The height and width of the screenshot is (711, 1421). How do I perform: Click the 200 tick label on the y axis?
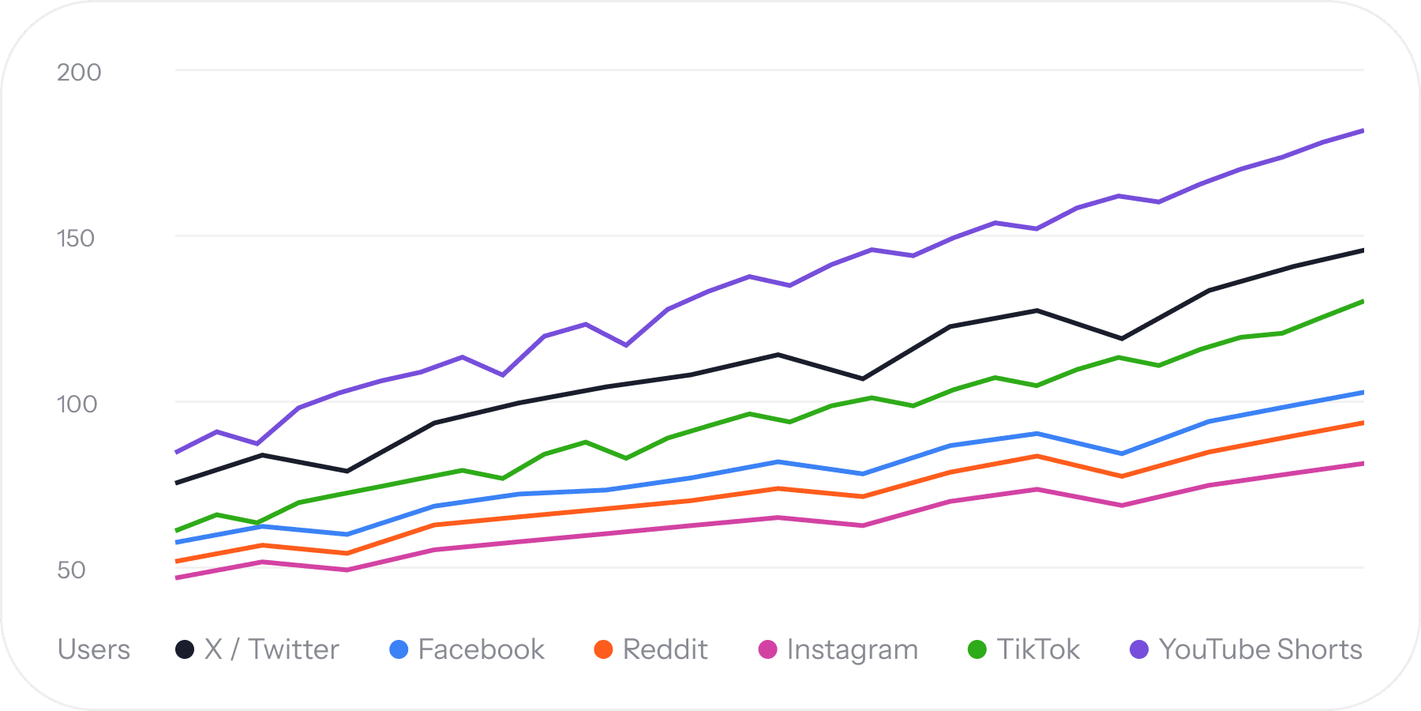[79, 73]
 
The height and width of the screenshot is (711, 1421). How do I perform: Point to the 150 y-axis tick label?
[76, 239]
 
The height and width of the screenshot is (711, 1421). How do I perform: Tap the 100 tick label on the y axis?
[77, 404]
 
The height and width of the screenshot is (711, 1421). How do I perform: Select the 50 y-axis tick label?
[71, 570]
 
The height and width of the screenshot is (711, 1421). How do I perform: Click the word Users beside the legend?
[94, 649]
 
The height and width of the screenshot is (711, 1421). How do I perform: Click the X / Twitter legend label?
[272, 649]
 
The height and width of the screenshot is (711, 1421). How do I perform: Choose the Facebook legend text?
[482, 649]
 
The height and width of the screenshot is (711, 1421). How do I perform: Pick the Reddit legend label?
[666, 649]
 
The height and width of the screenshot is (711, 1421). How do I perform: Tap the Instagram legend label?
[853, 650]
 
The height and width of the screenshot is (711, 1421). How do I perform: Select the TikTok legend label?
[1038, 649]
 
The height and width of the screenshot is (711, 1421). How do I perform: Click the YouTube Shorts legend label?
[1261, 649]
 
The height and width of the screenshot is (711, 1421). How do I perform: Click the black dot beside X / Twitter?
[185, 649]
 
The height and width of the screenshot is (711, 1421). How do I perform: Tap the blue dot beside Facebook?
[399, 649]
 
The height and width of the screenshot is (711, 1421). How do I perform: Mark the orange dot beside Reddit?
[603, 649]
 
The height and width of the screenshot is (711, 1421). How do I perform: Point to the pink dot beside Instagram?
[767, 649]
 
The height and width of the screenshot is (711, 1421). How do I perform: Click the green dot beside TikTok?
[977, 649]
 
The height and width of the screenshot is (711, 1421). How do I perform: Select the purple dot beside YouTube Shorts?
[1139, 649]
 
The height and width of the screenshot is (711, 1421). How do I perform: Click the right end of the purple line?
[1363, 131]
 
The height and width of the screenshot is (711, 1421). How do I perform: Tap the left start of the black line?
[177, 483]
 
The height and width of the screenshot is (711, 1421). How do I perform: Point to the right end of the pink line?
[1363, 464]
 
